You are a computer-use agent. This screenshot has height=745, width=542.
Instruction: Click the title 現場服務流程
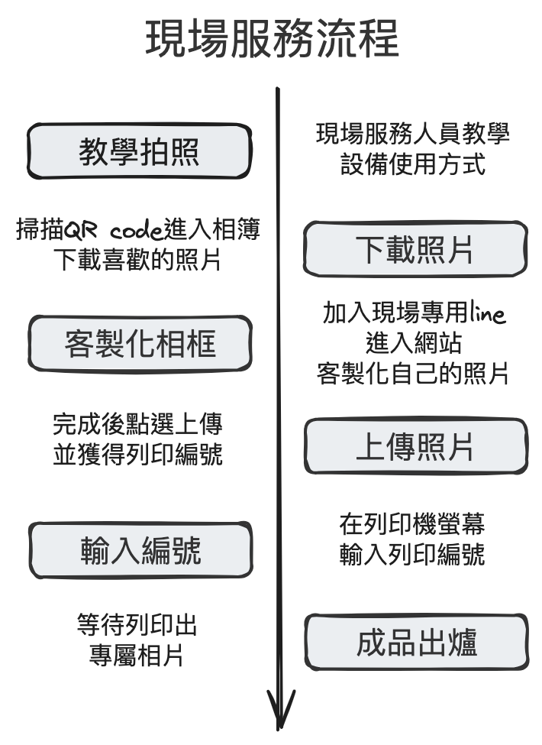pos(272,40)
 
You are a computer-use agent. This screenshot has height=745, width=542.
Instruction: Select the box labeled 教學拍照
pos(140,152)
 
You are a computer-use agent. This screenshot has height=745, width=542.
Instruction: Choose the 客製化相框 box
pos(140,345)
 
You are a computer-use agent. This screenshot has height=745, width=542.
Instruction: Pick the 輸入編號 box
pos(140,549)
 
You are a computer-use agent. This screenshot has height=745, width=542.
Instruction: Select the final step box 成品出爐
pos(417,643)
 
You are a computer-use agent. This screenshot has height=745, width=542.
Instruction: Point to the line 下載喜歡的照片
pos(137,260)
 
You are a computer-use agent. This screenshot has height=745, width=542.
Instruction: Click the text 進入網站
pos(413,343)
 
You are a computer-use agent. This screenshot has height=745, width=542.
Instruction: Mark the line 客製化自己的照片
pos(413,373)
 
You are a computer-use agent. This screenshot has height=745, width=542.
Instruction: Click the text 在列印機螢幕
pos(413,524)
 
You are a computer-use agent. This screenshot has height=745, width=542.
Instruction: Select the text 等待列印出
pos(137,625)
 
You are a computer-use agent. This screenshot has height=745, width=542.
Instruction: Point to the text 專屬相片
pos(137,655)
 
